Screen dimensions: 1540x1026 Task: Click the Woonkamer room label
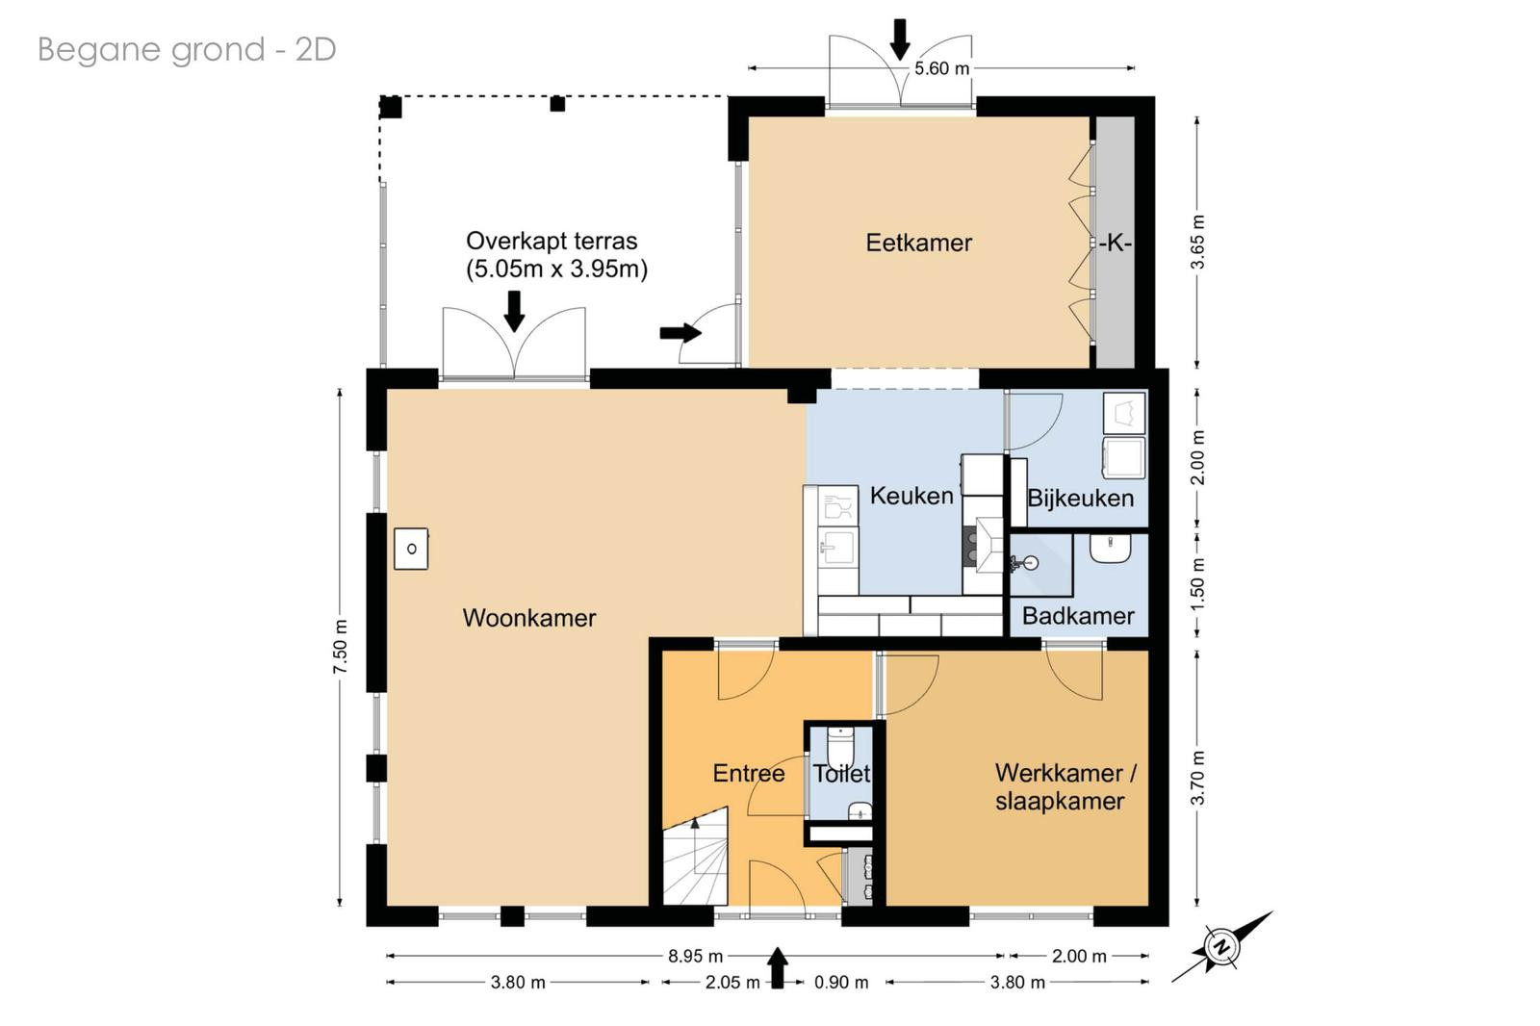click(528, 618)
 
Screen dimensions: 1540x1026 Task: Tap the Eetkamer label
click(918, 243)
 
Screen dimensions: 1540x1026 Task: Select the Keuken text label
click(911, 495)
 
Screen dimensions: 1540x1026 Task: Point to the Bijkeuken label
click(1080, 498)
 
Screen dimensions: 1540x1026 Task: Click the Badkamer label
click(1078, 615)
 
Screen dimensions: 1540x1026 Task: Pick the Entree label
click(749, 773)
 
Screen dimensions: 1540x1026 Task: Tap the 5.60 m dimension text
click(941, 68)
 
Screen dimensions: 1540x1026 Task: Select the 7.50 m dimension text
click(341, 647)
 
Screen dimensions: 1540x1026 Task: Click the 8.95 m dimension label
click(695, 956)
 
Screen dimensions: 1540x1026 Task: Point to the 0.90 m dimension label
click(841, 983)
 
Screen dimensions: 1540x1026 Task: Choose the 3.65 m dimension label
click(1197, 242)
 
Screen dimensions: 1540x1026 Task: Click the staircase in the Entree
click(695, 859)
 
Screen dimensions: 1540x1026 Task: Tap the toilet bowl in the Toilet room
click(840, 748)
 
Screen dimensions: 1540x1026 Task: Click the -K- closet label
click(1115, 243)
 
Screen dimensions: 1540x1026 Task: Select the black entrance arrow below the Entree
click(777, 968)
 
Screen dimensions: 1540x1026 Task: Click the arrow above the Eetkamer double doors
click(900, 39)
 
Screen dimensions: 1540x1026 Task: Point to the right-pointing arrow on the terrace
click(680, 333)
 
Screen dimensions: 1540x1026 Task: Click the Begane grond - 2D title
click(187, 49)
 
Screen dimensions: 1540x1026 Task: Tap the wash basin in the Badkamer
click(1111, 549)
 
